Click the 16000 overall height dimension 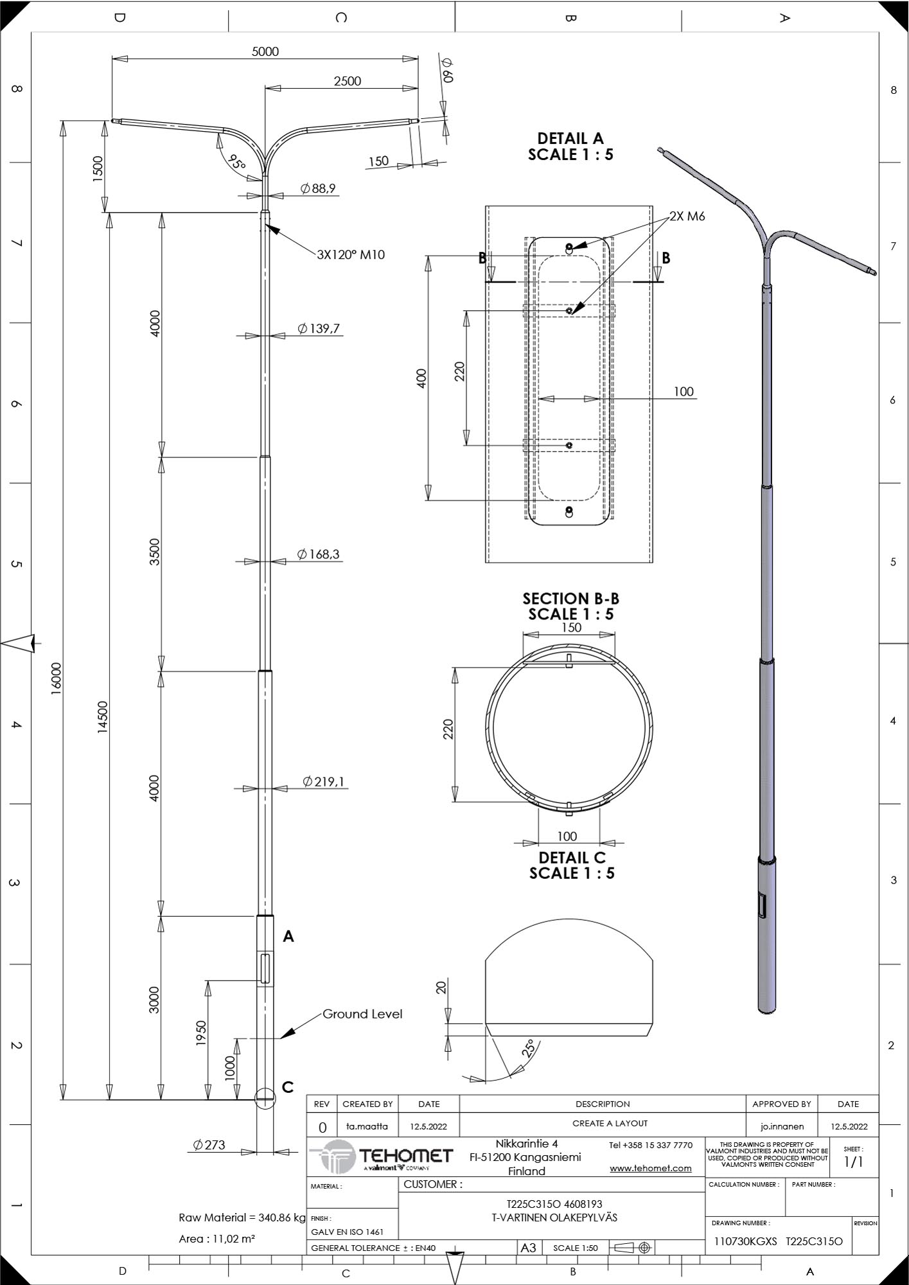[56, 678]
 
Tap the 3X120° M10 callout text [351, 255]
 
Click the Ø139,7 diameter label [319, 329]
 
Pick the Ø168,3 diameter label [319, 554]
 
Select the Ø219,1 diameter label [324, 781]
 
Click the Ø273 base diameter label [209, 1144]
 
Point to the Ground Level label [362, 1014]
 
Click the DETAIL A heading [570, 138]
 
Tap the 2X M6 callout [687, 217]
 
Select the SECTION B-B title [570, 599]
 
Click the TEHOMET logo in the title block [382, 1156]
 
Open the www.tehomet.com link [651, 1168]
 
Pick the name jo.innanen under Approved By [782, 1126]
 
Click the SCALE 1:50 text [575, 1248]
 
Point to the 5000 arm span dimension [265, 51]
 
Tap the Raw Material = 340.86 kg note [242, 1218]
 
